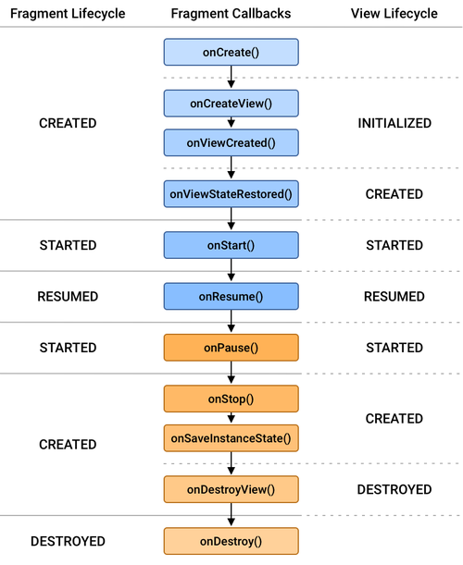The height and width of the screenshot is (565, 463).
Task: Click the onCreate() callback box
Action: click(231, 52)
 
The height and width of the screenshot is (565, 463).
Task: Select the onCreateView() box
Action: click(231, 103)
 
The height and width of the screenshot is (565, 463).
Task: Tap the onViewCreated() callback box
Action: click(231, 142)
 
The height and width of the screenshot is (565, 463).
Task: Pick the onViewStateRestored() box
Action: click(231, 194)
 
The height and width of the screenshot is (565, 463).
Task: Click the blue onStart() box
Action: click(231, 245)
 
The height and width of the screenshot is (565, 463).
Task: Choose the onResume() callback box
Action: click(231, 297)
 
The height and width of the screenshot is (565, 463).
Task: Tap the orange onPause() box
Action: click(231, 348)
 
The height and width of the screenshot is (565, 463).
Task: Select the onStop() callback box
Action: click(231, 399)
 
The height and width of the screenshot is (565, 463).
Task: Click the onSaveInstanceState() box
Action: click(231, 437)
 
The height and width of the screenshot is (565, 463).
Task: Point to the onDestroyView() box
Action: click(231, 489)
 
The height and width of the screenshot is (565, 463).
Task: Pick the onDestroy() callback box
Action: click(231, 541)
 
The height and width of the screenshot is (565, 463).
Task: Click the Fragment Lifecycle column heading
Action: click(67, 14)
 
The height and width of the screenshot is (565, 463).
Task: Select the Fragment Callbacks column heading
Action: click(231, 14)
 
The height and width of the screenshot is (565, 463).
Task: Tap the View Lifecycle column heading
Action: click(394, 14)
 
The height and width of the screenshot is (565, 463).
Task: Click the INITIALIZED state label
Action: click(394, 123)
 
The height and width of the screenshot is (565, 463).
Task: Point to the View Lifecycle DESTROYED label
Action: click(394, 489)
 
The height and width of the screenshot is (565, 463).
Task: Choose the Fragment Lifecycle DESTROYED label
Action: click(68, 541)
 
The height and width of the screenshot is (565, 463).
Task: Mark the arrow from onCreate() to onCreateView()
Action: click(231, 78)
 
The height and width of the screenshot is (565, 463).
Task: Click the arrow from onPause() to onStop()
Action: click(231, 374)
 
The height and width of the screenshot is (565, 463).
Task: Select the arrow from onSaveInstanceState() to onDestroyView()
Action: click(231, 463)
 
